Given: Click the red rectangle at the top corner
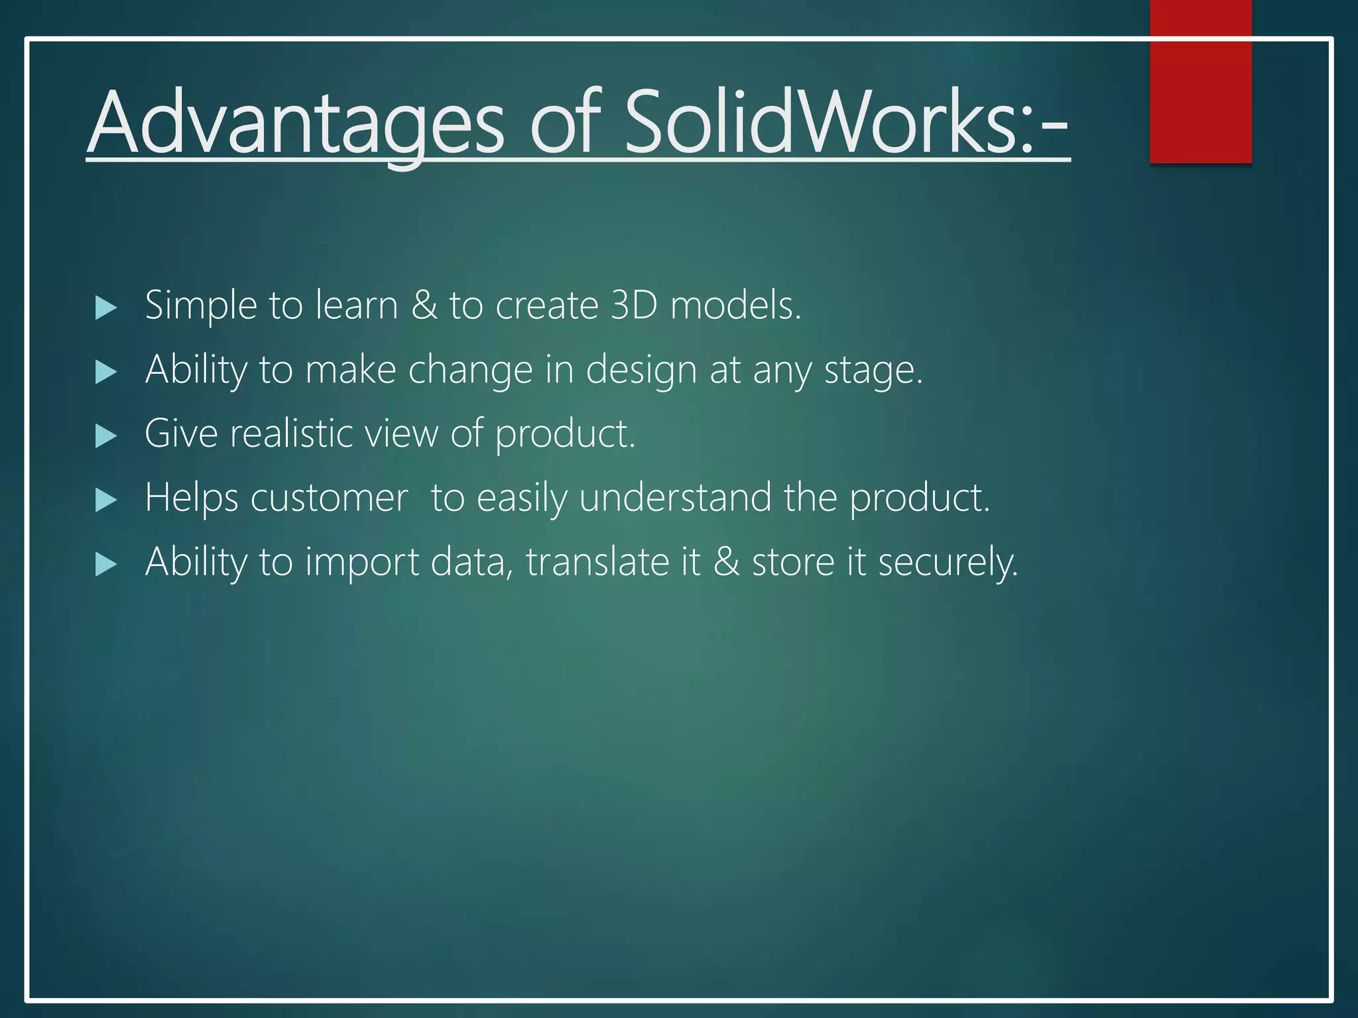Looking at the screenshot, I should point(1200,82).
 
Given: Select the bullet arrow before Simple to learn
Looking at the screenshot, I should point(106,308).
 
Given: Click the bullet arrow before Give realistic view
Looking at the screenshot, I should point(106,436).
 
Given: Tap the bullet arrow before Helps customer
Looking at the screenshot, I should point(106,500).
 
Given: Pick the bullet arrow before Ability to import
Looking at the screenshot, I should point(106,565).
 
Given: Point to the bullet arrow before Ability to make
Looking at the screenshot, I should point(106,372).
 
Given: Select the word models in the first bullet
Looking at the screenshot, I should point(735,306).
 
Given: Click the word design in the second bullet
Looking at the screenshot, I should point(641,370).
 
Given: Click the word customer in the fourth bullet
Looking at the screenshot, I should point(329,498).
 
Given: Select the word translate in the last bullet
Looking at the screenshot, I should point(597,562).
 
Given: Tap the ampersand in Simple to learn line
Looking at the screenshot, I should point(424,306).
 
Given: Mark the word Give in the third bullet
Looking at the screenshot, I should point(180,433).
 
